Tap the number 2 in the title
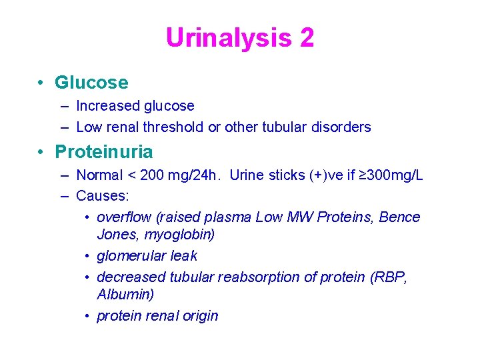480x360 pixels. tap(307, 38)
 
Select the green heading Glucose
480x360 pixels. tap(91, 83)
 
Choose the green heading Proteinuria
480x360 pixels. tap(104, 152)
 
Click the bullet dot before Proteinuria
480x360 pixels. tap(41, 152)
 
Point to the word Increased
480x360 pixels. tap(107, 106)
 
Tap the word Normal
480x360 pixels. tap(100, 175)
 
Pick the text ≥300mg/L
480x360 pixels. tap(390, 175)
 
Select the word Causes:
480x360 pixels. tap(103, 196)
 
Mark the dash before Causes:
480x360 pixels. tap(63, 196)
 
